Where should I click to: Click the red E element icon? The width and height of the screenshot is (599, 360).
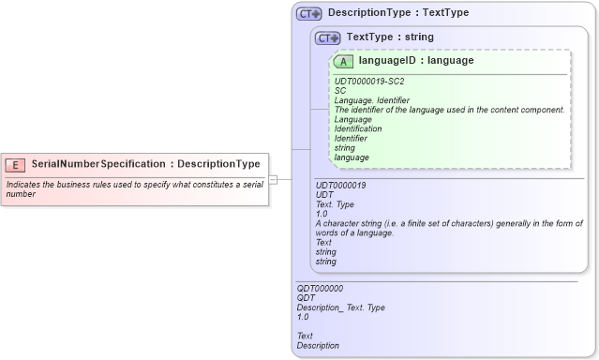pos(15,164)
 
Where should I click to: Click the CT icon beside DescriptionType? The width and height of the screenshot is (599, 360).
pos(308,14)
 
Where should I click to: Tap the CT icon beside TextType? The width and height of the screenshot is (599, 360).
pos(327,38)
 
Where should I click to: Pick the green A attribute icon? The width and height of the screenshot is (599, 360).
pos(343,62)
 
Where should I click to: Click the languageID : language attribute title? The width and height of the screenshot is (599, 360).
pos(415,61)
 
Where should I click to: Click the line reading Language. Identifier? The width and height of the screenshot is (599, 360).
pos(372,100)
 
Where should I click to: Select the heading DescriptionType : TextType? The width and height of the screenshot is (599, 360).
pos(398,13)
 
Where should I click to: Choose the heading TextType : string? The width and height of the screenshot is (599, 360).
pos(390,37)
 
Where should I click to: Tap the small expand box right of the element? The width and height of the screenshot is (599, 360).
pos(273,179)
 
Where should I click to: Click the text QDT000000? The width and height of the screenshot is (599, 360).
pos(320,289)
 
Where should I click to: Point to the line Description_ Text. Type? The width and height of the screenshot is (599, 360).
pos(340,307)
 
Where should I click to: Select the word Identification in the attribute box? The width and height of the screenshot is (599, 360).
pos(358,128)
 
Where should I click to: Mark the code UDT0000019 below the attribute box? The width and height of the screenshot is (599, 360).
pos(340,186)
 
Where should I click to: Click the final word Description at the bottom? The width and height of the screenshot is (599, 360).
pos(318,345)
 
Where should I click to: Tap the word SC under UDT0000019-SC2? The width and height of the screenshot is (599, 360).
pos(340,91)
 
